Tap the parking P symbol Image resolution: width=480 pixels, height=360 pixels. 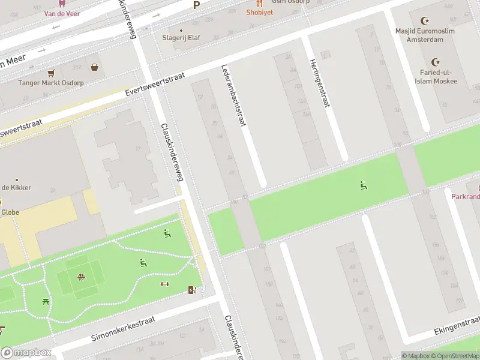click(x=196, y=5)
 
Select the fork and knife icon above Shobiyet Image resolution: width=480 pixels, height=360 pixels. click(x=259, y=3)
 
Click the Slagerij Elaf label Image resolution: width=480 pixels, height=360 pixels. click(x=181, y=37)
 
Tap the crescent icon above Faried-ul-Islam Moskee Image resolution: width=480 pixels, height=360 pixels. click(x=435, y=62)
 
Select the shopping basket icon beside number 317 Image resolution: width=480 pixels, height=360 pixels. click(x=95, y=67)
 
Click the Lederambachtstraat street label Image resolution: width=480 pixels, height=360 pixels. click(x=234, y=95)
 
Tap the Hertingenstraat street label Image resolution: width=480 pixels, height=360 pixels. click(x=320, y=83)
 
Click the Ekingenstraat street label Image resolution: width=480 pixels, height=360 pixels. click(x=456, y=328)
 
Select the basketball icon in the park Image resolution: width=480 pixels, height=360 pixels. click(x=80, y=277)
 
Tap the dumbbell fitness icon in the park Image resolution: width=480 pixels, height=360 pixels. click(x=164, y=284)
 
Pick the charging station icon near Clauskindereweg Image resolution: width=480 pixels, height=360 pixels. click(x=192, y=290)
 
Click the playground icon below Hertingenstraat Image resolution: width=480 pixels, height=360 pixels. click(x=363, y=185)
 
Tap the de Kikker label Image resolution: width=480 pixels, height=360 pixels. click(x=16, y=187)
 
